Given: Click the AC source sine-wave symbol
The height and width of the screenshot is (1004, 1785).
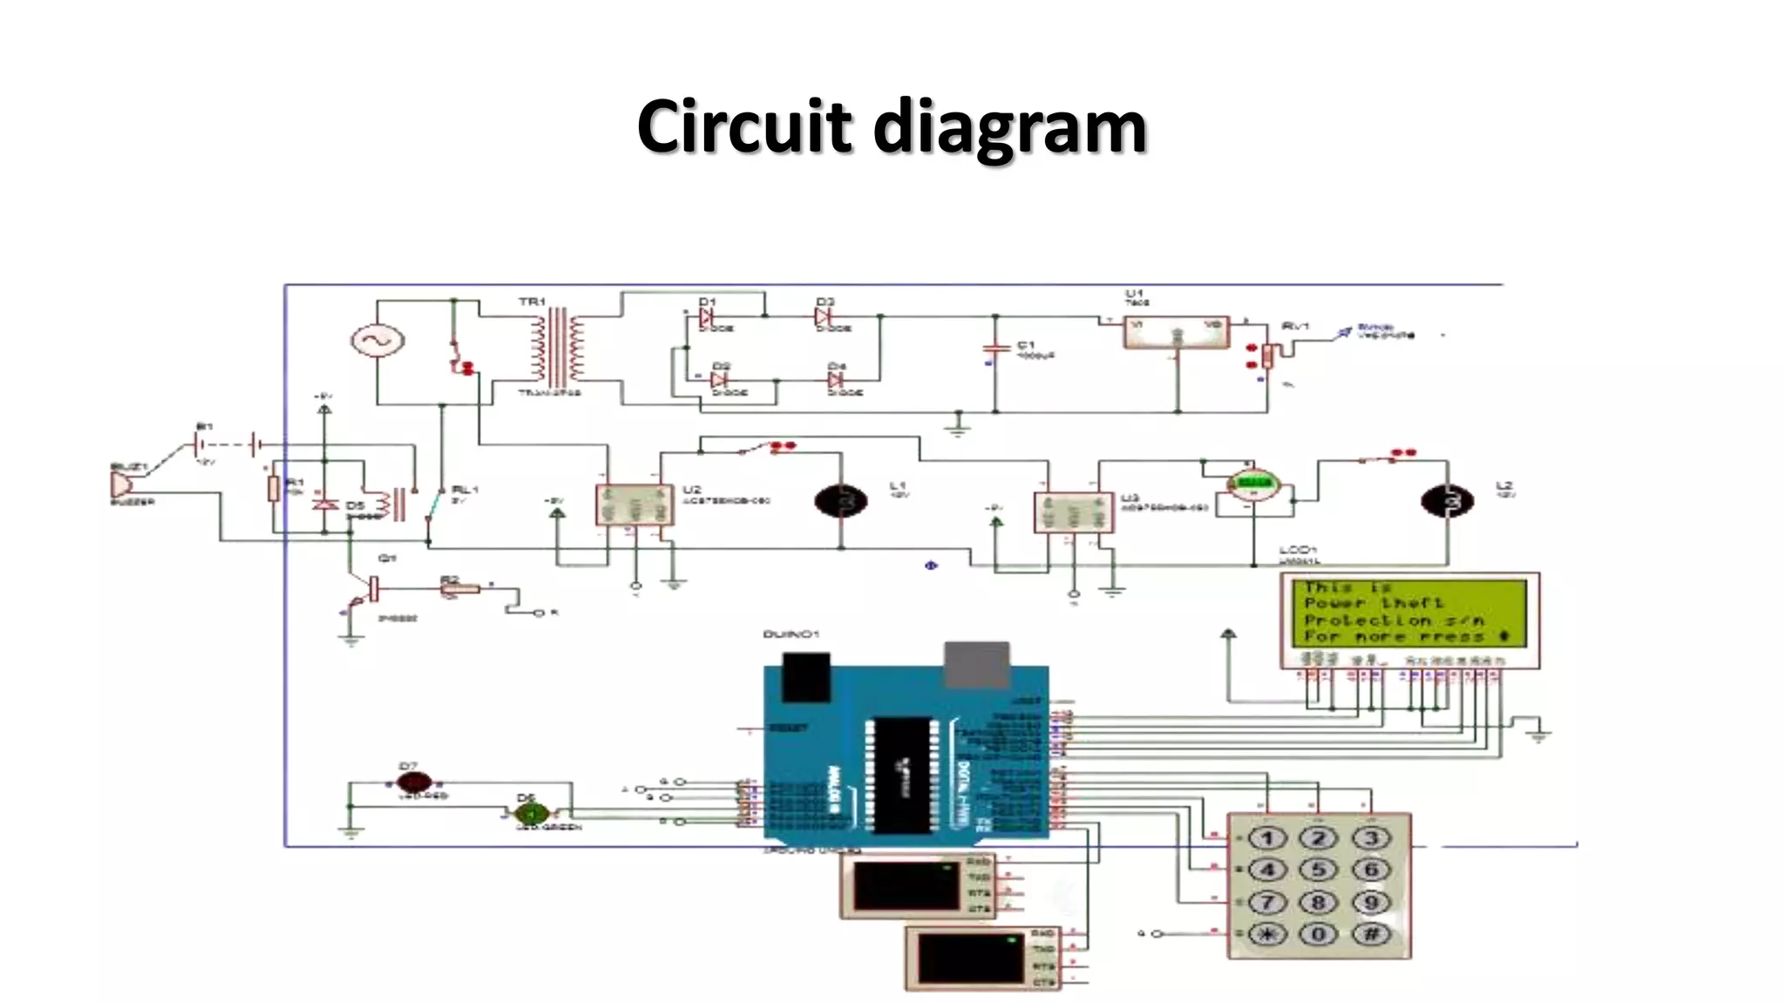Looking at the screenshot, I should tap(377, 341).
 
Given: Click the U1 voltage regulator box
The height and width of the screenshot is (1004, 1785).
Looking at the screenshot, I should tap(1176, 332).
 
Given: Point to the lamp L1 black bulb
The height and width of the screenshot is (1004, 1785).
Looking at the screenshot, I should tap(840, 501).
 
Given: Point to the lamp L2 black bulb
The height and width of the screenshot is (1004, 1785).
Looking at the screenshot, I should tap(1447, 501).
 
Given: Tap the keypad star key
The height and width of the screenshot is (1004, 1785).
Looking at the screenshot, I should tap(1266, 934).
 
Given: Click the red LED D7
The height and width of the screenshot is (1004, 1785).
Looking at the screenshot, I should tap(413, 782).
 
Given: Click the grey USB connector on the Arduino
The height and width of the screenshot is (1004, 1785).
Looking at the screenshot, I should tap(977, 664).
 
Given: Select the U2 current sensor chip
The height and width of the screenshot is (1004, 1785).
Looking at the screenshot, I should tap(634, 505).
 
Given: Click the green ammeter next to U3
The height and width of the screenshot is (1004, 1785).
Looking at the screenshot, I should tap(1253, 484).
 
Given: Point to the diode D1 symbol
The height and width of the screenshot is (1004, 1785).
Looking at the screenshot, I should tap(706, 317).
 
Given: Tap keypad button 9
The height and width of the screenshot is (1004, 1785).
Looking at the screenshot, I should tap(1370, 902).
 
